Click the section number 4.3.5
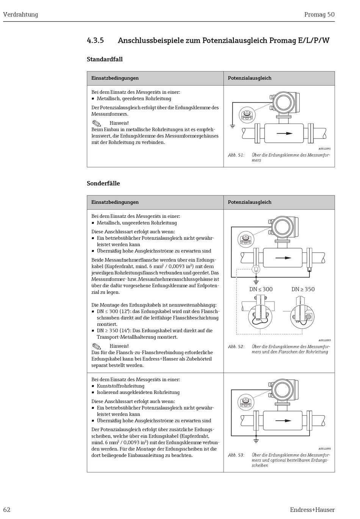click(95, 41)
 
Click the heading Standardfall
click(105, 59)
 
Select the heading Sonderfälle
click(103, 183)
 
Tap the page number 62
click(7, 510)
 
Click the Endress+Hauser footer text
click(312, 510)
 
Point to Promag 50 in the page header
click(319, 15)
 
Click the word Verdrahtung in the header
click(20, 15)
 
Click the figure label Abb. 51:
click(236, 155)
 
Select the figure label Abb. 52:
click(236, 347)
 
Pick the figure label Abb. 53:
click(236, 455)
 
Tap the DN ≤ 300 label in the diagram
click(261, 289)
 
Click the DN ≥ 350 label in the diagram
click(303, 289)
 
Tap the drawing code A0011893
click(324, 340)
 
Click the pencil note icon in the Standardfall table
click(97, 123)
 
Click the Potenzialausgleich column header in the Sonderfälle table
click(249, 202)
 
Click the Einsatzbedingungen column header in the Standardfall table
click(115, 78)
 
